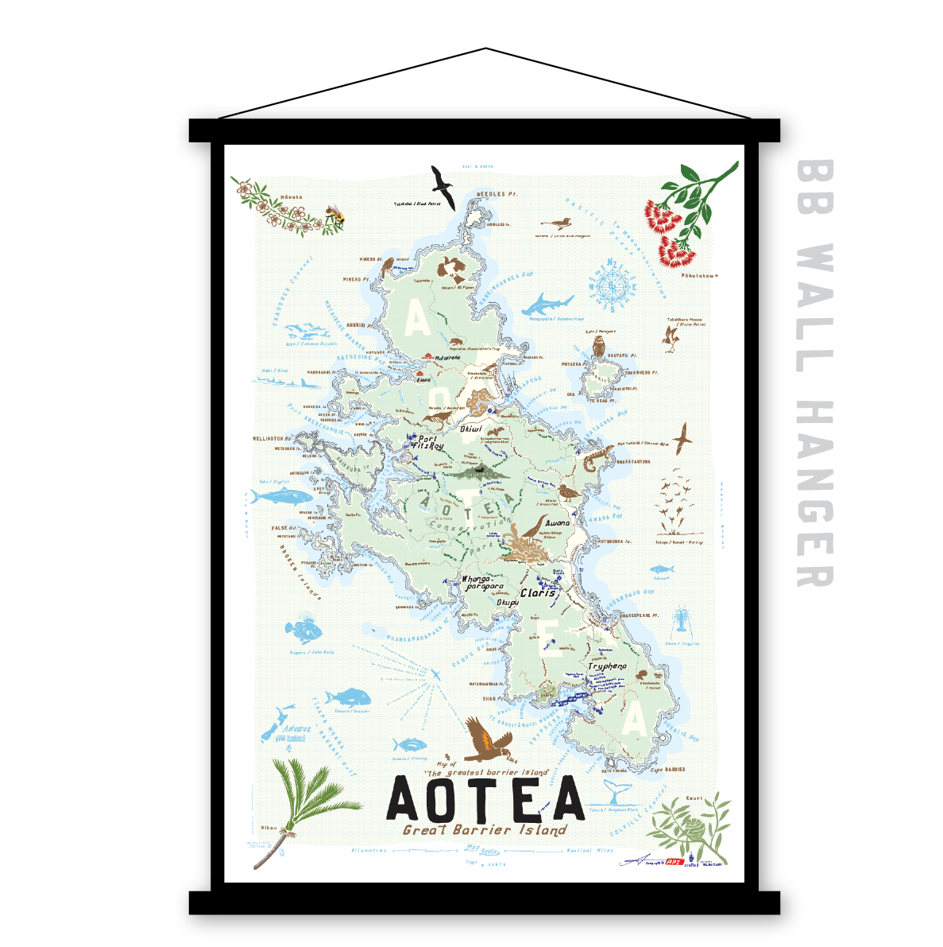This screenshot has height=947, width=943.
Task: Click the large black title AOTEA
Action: pos(485,799)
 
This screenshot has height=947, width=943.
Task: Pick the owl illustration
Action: pos(600,345)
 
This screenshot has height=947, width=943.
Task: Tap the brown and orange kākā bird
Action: pos(486,740)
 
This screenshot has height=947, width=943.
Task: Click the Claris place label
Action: pos(538,593)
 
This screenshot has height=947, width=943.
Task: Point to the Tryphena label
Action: pos(607,666)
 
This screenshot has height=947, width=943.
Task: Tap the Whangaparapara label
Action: pos(483,583)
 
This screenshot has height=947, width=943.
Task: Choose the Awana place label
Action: pos(558,523)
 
